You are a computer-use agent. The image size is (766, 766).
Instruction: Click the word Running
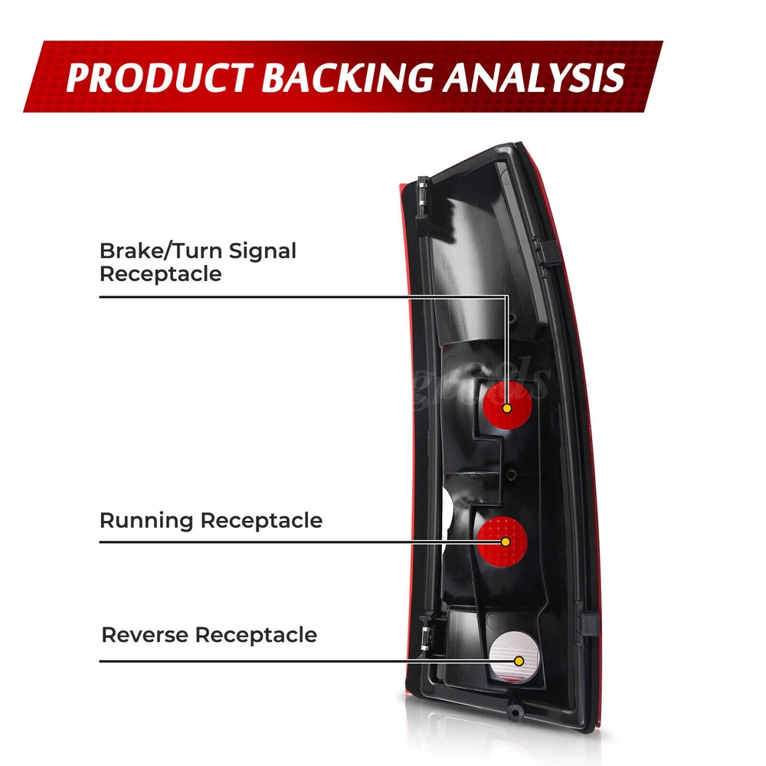click(x=146, y=521)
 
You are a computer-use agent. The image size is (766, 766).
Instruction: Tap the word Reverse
click(x=145, y=635)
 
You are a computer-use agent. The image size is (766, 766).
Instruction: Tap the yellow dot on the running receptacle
click(x=506, y=542)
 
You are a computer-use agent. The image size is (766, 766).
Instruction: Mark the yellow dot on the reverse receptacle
click(x=519, y=660)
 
